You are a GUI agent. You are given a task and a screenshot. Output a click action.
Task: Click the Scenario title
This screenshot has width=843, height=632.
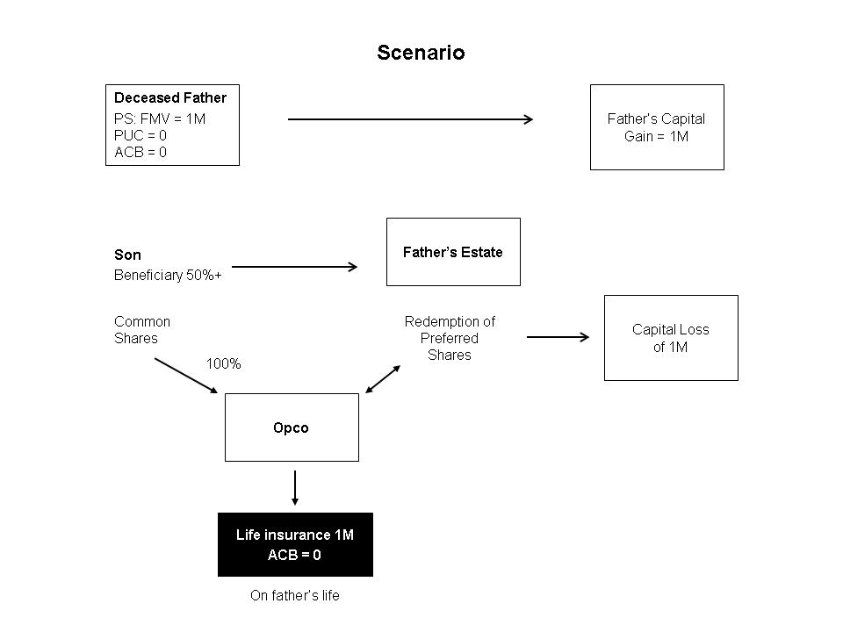[421, 52]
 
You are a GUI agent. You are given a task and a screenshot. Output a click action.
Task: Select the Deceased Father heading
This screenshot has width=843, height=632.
[170, 97]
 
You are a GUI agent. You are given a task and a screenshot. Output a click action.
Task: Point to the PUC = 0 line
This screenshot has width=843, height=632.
[140, 135]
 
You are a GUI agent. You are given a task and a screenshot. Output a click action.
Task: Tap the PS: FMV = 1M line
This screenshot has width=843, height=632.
[160, 118]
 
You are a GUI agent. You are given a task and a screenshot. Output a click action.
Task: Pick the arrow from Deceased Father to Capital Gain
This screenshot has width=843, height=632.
[410, 119]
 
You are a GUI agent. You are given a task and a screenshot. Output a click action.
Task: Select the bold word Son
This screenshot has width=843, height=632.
[127, 255]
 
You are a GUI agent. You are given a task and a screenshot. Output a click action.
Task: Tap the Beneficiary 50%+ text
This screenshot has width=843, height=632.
[168, 275]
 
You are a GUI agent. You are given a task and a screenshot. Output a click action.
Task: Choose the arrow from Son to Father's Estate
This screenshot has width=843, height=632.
[295, 267]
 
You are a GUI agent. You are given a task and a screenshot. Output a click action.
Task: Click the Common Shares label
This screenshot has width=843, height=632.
[142, 330]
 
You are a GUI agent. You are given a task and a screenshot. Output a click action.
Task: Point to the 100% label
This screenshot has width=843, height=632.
[224, 363]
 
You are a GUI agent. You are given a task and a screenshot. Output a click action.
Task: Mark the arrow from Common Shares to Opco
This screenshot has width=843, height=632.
[186, 376]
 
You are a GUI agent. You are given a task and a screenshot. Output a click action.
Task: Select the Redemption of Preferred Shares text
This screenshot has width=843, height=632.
[450, 338]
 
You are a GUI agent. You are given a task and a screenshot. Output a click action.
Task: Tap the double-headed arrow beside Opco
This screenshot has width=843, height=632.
[383, 379]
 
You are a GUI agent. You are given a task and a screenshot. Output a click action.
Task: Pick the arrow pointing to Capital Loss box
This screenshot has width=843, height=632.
[558, 337]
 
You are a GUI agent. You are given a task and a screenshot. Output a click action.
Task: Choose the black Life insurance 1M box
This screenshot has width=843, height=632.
[295, 544]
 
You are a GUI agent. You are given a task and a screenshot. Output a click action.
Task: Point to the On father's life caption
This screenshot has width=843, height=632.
[295, 595]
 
